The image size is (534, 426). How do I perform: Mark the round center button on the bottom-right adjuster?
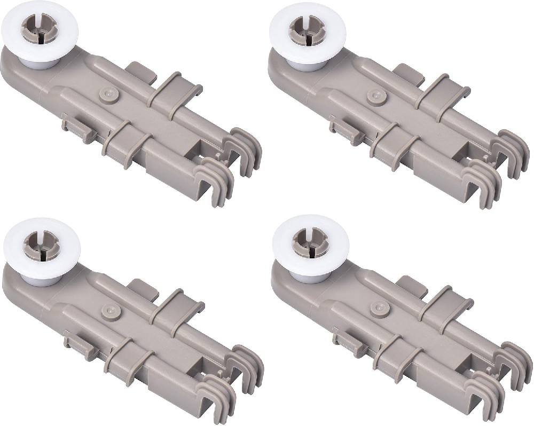(x=378, y=311)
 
